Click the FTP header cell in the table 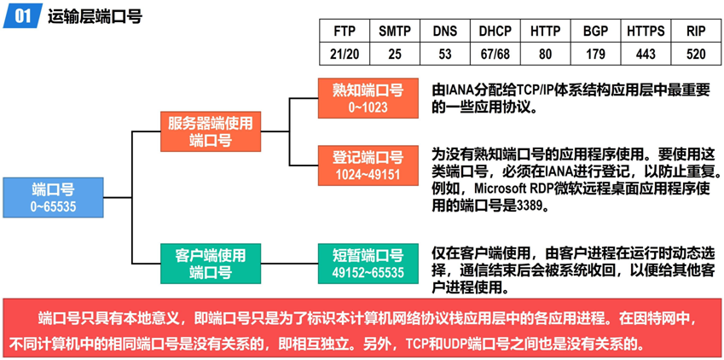(x=345, y=32)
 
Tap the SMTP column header (x=394, y=32)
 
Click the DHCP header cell (x=495, y=32)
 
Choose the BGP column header (x=595, y=32)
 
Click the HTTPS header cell (x=646, y=32)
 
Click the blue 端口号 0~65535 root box (x=53, y=196)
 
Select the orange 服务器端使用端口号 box (x=210, y=131)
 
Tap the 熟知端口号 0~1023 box (x=368, y=98)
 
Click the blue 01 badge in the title (x=24, y=15)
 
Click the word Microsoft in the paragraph (x=501, y=189)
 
